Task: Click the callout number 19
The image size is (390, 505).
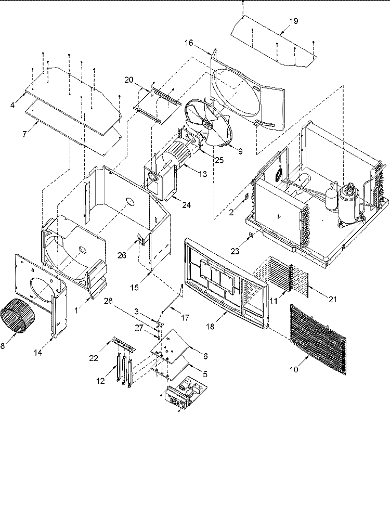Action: (293, 21)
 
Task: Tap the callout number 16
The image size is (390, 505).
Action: (189, 43)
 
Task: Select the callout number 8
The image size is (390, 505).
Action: (3, 346)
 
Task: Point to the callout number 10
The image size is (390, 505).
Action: (294, 369)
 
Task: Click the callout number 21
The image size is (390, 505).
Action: (332, 299)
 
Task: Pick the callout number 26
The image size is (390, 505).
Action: (122, 255)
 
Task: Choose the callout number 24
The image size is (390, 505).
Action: (186, 205)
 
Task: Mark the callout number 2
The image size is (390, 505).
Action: (231, 212)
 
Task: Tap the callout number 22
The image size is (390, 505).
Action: (94, 358)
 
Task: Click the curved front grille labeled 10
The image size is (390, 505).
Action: (318, 340)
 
